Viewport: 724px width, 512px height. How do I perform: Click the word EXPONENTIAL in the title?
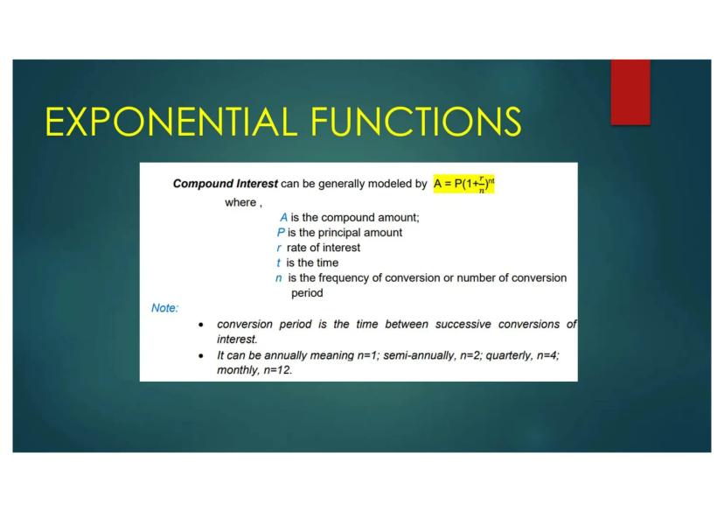click(x=171, y=122)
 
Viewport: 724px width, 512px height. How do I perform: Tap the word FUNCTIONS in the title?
click(x=416, y=122)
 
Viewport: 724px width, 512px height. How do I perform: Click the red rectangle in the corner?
click(x=630, y=92)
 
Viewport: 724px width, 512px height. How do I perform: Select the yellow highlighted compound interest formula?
click(x=463, y=184)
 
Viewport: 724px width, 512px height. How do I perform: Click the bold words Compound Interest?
click(x=226, y=184)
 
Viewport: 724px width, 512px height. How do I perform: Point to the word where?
click(x=240, y=202)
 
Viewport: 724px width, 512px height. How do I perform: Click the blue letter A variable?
click(x=283, y=218)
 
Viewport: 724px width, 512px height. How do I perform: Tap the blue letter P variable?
click(x=281, y=233)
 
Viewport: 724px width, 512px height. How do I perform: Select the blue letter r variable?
click(x=278, y=249)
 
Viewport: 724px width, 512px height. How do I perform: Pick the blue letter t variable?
click(x=278, y=263)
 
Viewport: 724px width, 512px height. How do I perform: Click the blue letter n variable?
click(x=278, y=278)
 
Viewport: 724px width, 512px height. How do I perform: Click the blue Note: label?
click(x=165, y=308)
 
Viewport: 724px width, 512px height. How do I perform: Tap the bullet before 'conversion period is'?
click(x=200, y=325)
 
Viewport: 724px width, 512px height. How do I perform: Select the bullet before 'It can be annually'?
click(x=200, y=356)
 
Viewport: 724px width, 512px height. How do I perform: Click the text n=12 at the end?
click(x=278, y=370)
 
